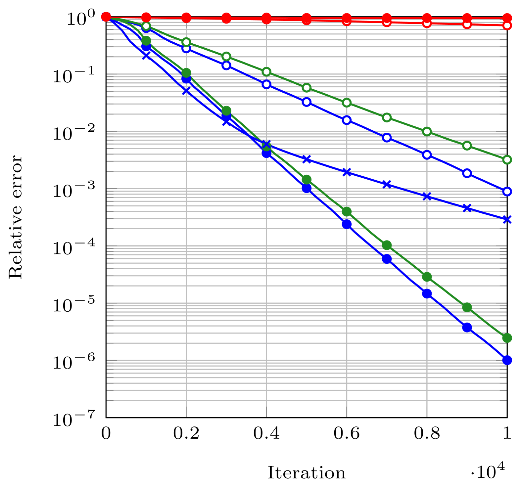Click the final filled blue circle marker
pyautogui.click(x=507, y=360)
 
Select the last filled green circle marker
pyautogui.click(x=507, y=338)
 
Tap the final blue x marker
pyautogui.click(x=507, y=219)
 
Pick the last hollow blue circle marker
pyautogui.click(x=507, y=192)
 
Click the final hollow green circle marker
pyautogui.click(x=507, y=160)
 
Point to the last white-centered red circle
pyautogui.click(x=507, y=25)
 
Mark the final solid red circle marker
pyautogui.click(x=507, y=18)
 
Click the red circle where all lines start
pyautogui.click(x=106, y=17)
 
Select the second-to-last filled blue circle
pyautogui.click(x=467, y=328)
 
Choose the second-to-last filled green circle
pyautogui.click(x=467, y=307)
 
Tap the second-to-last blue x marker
pyautogui.click(x=467, y=208)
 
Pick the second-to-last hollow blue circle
pyautogui.click(x=467, y=173)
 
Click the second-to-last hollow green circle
pyautogui.click(x=467, y=146)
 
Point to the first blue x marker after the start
pyautogui.click(x=146, y=56)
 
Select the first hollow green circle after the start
pyautogui.click(x=146, y=26)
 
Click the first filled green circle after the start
pyautogui.click(x=146, y=41)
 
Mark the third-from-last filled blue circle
pyautogui.click(x=427, y=293)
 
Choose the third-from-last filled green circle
pyautogui.click(x=427, y=277)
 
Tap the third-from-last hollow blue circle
pyautogui.click(x=427, y=155)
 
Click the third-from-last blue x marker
pyautogui.click(x=427, y=197)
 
